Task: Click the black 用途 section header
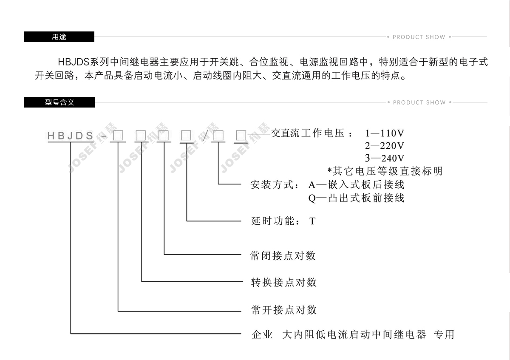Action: click(59, 37)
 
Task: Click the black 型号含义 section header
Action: click(59, 102)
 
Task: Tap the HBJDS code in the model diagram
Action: click(71, 136)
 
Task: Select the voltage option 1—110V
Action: click(384, 134)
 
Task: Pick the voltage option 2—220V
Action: click(384, 146)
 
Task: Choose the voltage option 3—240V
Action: click(384, 159)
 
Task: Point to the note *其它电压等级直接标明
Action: click(385, 171)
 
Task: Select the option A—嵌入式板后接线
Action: click(356, 185)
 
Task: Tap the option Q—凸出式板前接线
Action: click(356, 198)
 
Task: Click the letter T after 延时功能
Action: click(312, 221)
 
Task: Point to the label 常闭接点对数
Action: click(283, 256)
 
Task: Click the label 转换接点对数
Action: click(283, 283)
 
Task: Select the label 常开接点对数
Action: click(283, 310)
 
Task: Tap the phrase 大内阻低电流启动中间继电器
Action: click(354, 334)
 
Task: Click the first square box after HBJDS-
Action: click(118, 136)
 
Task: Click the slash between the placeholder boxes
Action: click(206, 136)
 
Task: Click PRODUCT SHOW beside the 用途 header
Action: click(419, 37)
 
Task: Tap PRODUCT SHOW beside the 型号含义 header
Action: click(419, 102)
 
